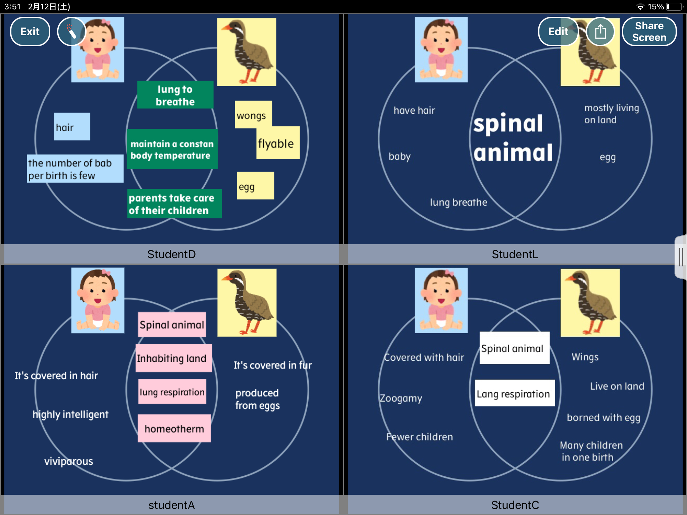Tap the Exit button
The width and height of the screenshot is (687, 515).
(x=30, y=32)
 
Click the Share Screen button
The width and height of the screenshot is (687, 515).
(x=649, y=32)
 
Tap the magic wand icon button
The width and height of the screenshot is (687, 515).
(x=71, y=32)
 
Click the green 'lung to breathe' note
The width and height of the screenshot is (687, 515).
(x=175, y=95)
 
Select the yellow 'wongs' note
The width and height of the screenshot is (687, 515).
(x=253, y=115)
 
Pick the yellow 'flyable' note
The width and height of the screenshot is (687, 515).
(x=277, y=144)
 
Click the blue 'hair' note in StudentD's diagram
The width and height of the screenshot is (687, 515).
(x=72, y=127)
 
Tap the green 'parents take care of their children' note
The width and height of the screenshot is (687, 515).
(x=174, y=204)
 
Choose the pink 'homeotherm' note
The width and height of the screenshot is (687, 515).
(x=174, y=428)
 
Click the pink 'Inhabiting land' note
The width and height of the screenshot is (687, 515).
(x=173, y=358)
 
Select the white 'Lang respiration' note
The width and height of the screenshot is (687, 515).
(x=514, y=393)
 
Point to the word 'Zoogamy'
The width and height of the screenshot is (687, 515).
(x=401, y=398)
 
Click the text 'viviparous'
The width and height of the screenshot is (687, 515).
(x=69, y=461)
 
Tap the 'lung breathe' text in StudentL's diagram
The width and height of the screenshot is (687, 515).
(x=458, y=202)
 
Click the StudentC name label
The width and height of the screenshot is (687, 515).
(x=515, y=505)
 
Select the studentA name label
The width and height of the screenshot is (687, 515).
(x=171, y=505)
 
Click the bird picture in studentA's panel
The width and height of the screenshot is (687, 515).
(x=247, y=302)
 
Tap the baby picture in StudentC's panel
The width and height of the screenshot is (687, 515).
(x=441, y=300)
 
